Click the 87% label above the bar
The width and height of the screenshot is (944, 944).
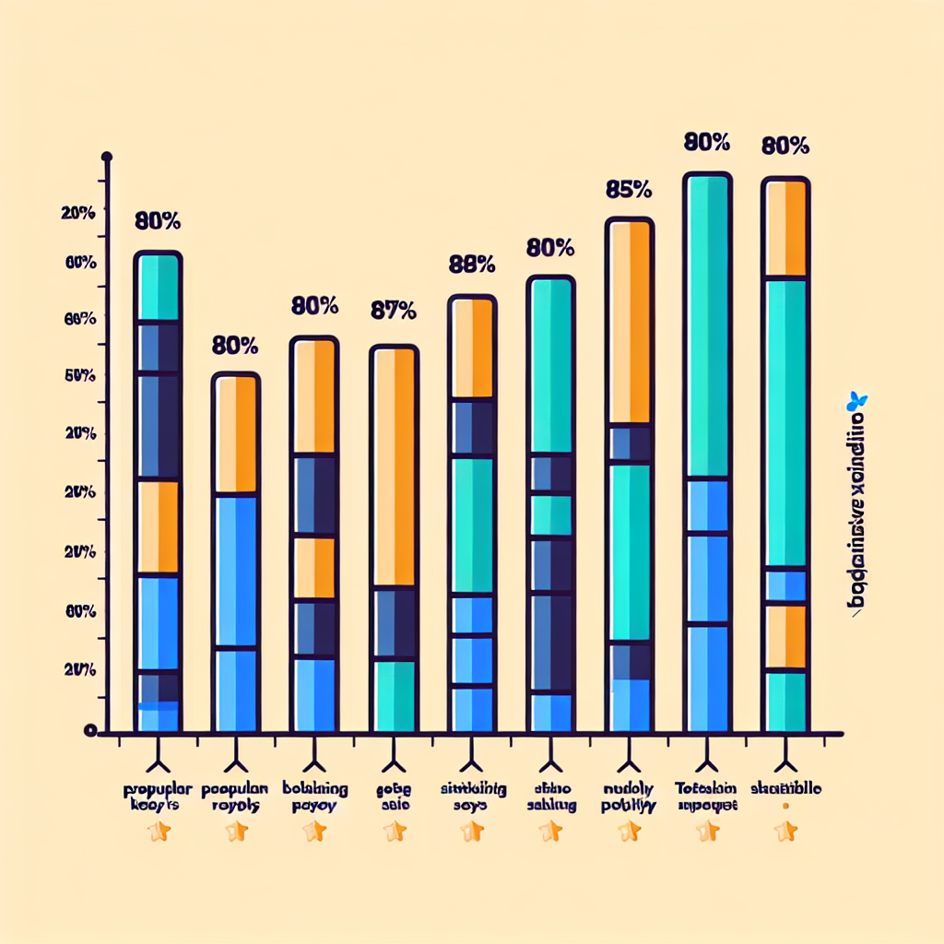(x=393, y=311)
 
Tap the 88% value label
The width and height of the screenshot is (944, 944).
(x=472, y=265)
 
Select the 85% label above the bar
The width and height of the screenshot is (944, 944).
(x=630, y=190)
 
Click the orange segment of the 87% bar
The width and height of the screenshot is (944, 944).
(x=394, y=466)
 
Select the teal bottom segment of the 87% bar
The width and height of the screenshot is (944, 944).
(x=394, y=696)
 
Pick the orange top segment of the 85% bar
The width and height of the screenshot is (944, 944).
(x=630, y=322)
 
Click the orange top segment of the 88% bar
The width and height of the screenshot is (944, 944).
(x=472, y=348)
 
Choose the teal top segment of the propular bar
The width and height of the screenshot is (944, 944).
(x=158, y=288)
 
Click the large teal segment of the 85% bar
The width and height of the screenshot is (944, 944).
(x=630, y=551)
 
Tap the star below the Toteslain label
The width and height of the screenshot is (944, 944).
(x=708, y=832)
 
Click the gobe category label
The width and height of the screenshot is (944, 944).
(x=395, y=797)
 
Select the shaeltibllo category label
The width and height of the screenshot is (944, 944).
(x=786, y=790)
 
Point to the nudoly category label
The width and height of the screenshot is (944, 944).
(x=630, y=797)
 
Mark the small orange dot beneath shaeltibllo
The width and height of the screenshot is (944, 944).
(x=786, y=806)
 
